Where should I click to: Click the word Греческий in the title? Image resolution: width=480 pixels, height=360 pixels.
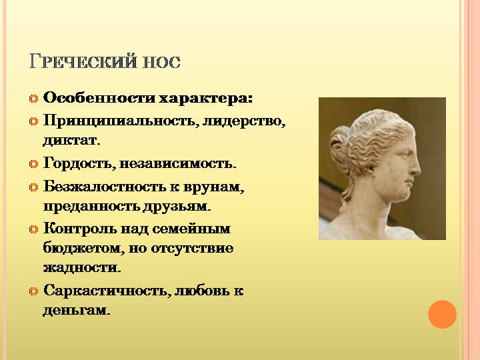(83, 61)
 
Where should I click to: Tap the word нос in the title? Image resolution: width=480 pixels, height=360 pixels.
(161, 63)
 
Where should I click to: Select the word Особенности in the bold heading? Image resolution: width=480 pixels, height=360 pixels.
(99, 98)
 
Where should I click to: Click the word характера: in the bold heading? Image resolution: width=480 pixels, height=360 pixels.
(206, 99)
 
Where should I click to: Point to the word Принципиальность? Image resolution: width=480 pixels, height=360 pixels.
(119, 121)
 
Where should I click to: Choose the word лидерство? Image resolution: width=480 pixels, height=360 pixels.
(244, 121)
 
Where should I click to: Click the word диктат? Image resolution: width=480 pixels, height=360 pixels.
(71, 141)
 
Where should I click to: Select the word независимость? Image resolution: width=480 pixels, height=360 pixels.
(178, 164)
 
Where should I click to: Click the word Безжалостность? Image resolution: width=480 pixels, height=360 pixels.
(105, 187)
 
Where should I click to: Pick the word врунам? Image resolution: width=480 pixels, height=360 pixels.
(214, 187)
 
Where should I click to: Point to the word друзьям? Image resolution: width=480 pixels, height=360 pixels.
(177, 207)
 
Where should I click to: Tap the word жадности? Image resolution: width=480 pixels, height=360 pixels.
(82, 267)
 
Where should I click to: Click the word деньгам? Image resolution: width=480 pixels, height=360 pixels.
(76, 311)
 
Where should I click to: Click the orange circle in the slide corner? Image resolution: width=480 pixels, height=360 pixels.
(442, 315)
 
